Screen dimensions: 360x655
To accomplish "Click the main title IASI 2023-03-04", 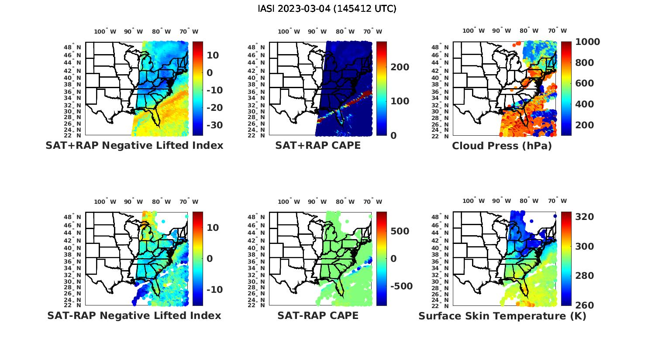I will [327, 9].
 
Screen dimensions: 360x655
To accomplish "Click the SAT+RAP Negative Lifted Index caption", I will [134, 145].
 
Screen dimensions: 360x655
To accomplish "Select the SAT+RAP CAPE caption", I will [318, 145].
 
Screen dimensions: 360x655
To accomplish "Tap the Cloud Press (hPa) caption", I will [502, 146].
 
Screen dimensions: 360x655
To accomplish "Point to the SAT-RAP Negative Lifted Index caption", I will [134, 315].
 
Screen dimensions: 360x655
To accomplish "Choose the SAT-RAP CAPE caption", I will [318, 315].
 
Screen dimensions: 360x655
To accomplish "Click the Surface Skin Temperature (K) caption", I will [502, 316].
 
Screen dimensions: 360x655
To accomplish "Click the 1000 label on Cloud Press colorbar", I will [587, 42].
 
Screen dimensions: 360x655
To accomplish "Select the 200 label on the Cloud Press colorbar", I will [585, 125].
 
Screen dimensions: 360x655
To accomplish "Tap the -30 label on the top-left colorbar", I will [214, 125].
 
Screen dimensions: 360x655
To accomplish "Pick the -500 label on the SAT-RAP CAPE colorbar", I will [401, 286].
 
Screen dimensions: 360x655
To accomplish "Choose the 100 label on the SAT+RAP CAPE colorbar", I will [400, 101].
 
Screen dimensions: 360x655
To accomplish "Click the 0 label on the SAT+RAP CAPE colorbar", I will [393, 136].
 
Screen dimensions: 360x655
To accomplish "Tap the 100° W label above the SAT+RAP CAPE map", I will [289, 31].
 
